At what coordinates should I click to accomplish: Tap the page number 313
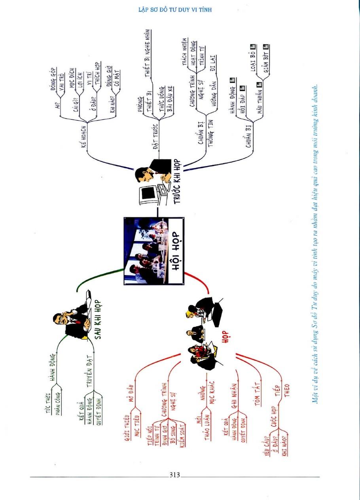tap(174, 475)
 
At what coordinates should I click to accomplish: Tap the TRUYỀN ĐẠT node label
tap(90, 370)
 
